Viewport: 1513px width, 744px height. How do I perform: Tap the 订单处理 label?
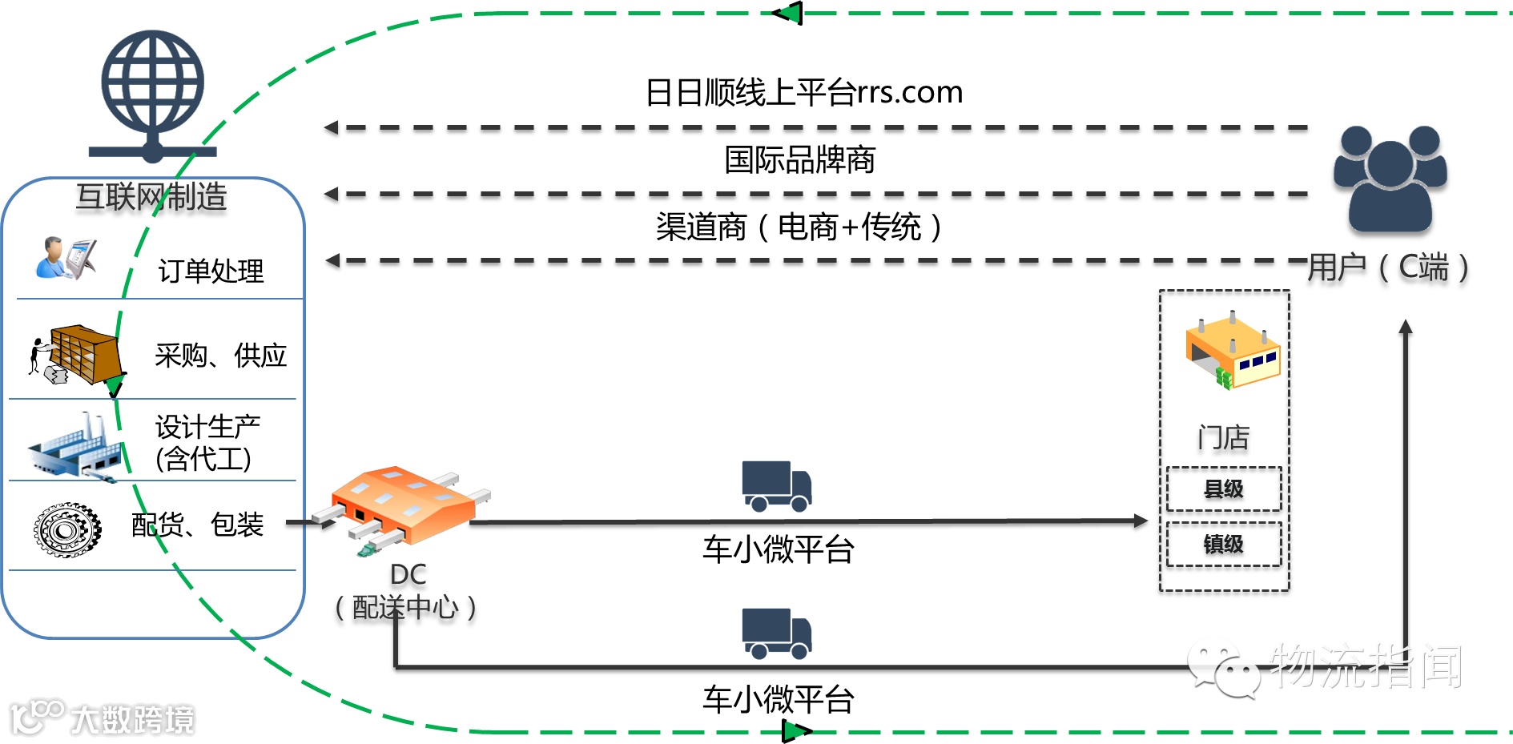click(211, 271)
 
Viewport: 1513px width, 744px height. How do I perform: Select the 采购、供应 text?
click(220, 355)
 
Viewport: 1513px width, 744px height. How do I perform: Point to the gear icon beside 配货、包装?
click(67, 529)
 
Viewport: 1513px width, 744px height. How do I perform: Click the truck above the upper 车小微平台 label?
click(776, 485)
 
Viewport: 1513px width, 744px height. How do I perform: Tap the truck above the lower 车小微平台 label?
click(776, 633)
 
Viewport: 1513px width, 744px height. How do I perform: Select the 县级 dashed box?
click(1223, 489)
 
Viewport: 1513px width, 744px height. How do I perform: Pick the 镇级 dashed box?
click(1223, 545)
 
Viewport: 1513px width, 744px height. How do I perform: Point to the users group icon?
click(1390, 179)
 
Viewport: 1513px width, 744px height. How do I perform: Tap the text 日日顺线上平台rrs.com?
click(803, 93)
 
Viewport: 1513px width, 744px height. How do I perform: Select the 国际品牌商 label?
click(799, 160)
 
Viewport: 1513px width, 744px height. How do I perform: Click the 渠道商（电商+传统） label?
click(799, 227)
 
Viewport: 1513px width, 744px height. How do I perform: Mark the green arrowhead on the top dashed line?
click(788, 14)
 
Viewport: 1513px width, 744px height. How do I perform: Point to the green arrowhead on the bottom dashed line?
click(796, 731)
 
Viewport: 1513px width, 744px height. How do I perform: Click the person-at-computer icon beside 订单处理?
click(66, 258)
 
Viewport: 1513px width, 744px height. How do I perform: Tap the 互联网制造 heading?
click(151, 197)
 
